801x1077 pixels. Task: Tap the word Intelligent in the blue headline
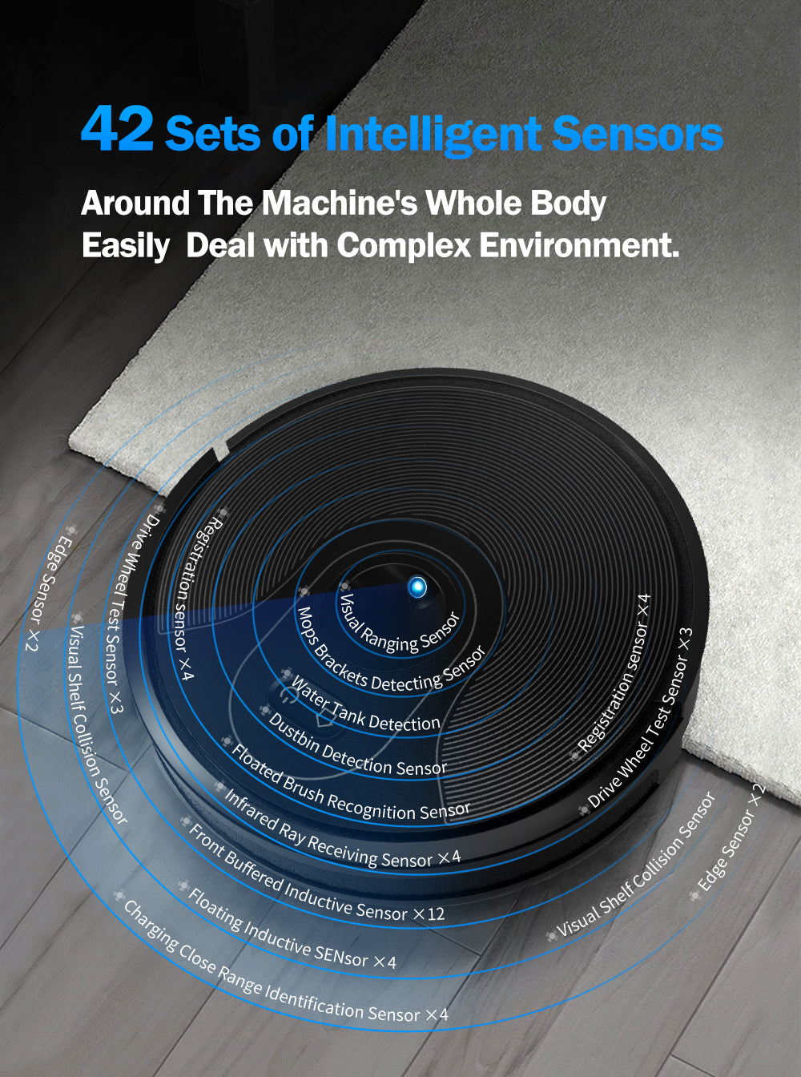pyautogui.click(x=433, y=135)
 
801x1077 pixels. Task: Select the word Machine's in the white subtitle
pyautogui.click(x=340, y=203)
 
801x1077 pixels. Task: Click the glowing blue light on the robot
pyautogui.click(x=417, y=587)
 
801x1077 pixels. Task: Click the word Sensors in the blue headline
pyautogui.click(x=638, y=134)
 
